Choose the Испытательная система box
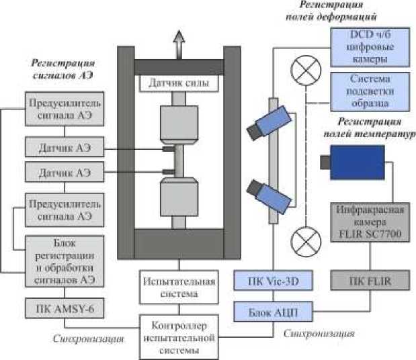[x=179, y=287]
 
